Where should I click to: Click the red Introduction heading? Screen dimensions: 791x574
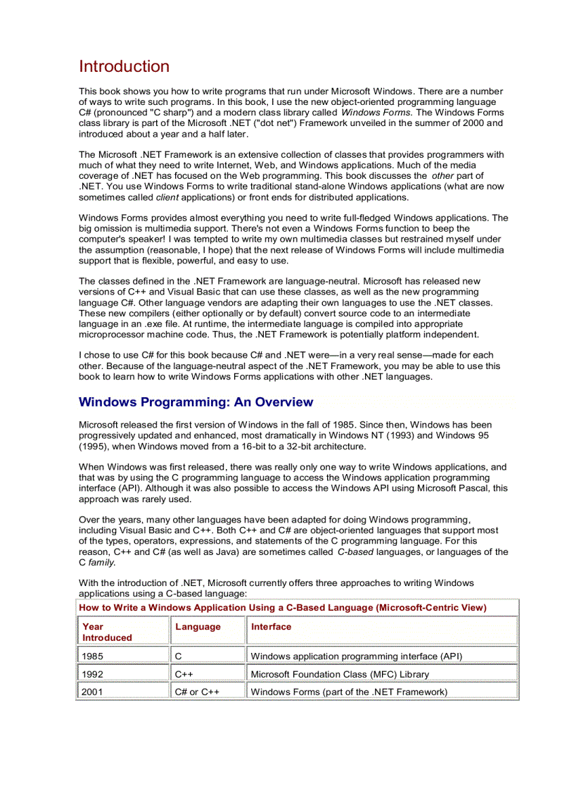click(124, 67)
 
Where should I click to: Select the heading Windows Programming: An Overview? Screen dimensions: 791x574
click(196, 402)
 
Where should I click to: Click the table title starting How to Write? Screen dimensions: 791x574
click(282, 607)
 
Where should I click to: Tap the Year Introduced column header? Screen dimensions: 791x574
click(107, 632)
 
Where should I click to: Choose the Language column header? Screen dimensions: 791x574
click(198, 627)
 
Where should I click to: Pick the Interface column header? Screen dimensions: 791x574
click(271, 627)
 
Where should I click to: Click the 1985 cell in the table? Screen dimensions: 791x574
click(92, 656)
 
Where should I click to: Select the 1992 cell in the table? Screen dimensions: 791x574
click(92, 674)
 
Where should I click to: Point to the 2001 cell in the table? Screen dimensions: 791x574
click(92, 692)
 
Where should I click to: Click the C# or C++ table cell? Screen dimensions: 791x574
click(197, 692)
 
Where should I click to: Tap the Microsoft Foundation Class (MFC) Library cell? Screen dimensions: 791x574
click(340, 674)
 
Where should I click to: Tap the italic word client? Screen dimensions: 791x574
click(167, 197)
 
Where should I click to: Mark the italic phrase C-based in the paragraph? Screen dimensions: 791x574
click(355, 552)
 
